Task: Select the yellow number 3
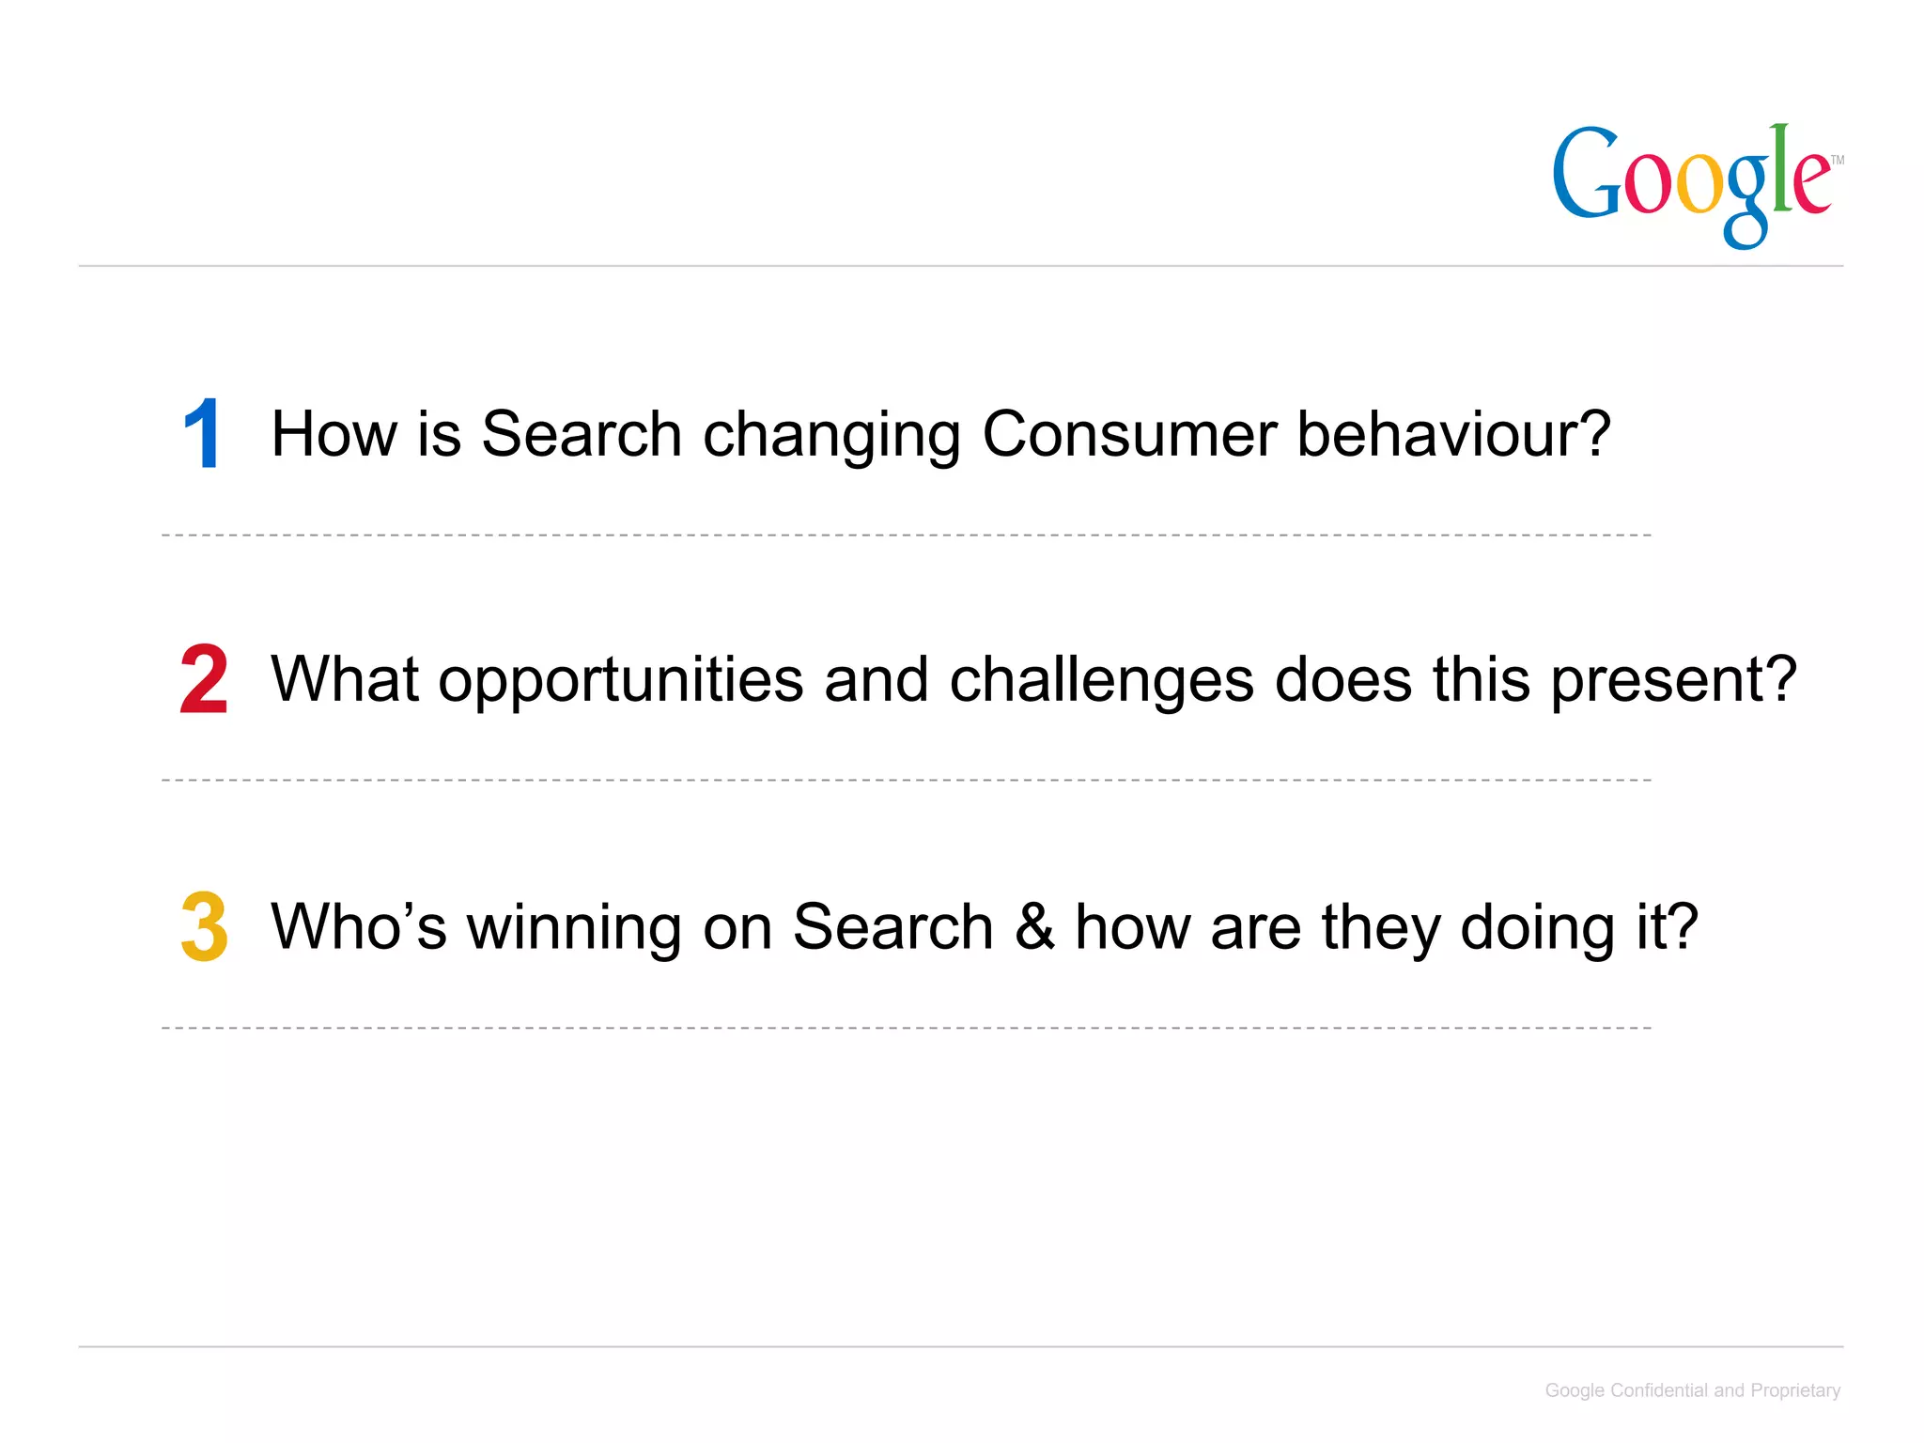click(204, 926)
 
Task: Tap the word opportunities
click(621, 680)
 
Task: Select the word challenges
click(1101, 680)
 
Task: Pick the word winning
click(575, 928)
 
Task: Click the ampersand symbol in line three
click(1034, 926)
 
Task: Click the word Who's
click(358, 926)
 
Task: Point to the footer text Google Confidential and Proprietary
click(1692, 1390)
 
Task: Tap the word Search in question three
click(892, 926)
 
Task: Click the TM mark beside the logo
click(1837, 160)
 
